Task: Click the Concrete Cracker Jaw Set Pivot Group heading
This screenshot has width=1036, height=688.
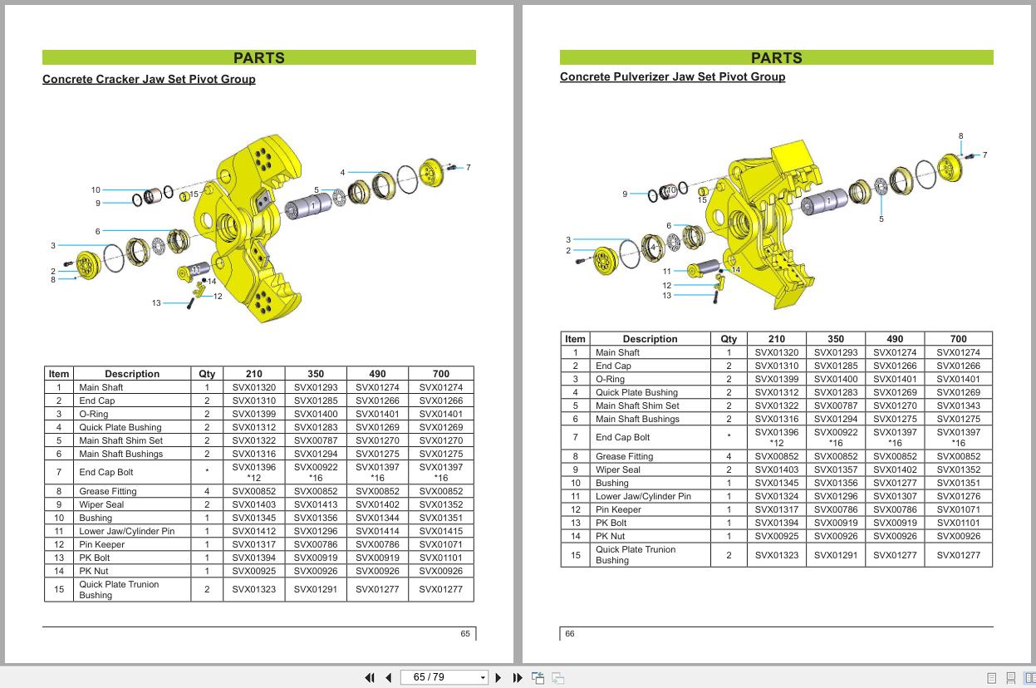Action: coord(149,80)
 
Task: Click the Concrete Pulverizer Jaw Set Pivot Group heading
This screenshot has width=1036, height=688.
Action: coord(672,77)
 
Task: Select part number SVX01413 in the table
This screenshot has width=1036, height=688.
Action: coord(316,504)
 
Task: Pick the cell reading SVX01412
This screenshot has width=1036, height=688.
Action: coord(253,531)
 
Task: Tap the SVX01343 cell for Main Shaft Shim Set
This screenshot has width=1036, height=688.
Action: coord(958,405)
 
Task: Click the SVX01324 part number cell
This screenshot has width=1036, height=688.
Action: coord(776,496)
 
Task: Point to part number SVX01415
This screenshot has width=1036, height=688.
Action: coord(440,531)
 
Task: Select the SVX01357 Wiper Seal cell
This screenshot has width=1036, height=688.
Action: coord(835,469)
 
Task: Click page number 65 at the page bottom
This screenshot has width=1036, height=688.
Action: coord(465,634)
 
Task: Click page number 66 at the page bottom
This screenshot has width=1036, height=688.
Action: coord(570,634)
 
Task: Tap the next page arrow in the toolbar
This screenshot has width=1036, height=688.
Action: coord(498,678)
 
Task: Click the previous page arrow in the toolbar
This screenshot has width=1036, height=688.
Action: coord(388,678)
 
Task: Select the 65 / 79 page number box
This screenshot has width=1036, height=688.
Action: coord(440,678)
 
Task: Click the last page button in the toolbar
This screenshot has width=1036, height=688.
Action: coord(518,678)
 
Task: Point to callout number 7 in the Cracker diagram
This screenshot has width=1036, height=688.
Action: coord(468,168)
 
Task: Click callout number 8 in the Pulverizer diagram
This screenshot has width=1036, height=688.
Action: coord(960,136)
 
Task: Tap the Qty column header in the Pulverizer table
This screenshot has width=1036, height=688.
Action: coord(729,339)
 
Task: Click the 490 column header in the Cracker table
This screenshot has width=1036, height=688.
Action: coord(377,374)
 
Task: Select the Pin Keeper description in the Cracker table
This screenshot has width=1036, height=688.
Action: coord(102,544)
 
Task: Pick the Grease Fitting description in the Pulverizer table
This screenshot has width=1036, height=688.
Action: coord(624,456)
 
